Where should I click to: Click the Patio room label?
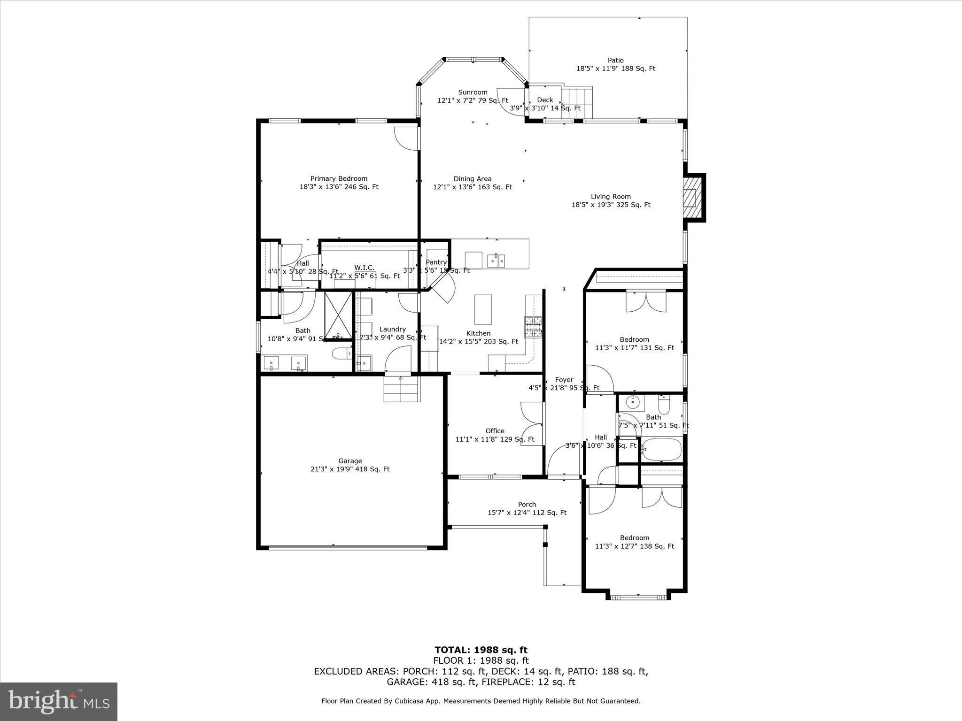coord(615,60)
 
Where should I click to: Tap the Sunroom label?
coord(473,92)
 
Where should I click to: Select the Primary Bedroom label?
coord(339,178)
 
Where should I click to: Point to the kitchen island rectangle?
coord(483,309)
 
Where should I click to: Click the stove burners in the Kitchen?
coord(533,327)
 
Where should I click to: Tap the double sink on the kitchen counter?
coord(496,260)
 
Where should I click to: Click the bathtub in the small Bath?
coord(661,450)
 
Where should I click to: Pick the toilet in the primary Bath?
coord(341,353)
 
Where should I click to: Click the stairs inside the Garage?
coord(401,390)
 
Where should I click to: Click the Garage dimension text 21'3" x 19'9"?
coord(350,469)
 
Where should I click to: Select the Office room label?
coord(495,431)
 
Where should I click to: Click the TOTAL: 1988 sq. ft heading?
coord(481,650)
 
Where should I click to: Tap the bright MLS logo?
coord(59,702)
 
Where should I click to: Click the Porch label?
coord(527,505)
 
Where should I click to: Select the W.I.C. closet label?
coord(364,268)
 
